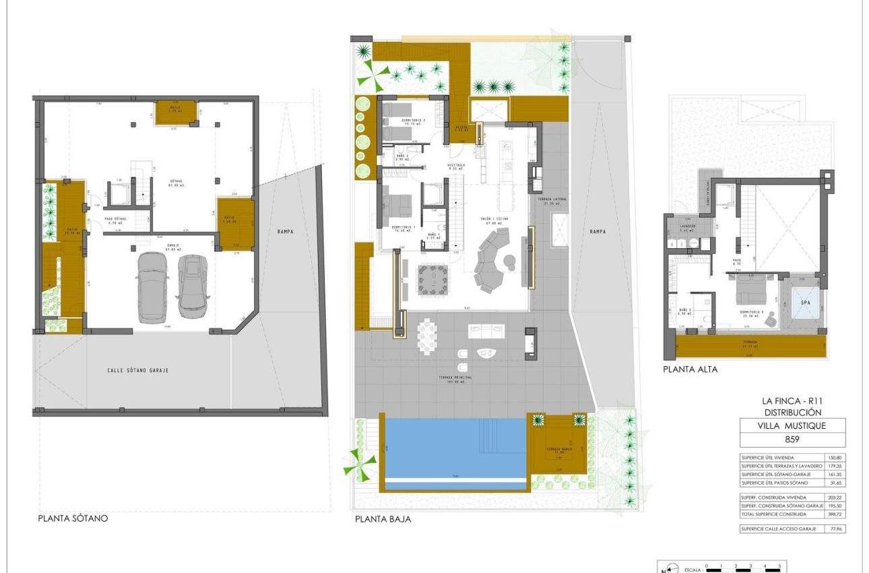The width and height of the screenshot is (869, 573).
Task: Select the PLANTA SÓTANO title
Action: [x=73, y=519]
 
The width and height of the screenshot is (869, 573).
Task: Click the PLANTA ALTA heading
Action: [x=690, y=369]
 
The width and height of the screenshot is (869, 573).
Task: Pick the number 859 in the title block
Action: [x=792, y=440]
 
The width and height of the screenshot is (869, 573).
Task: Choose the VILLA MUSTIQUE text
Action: [x=792, y=426]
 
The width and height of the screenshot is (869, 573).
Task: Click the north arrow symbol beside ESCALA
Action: [x=667, y=569]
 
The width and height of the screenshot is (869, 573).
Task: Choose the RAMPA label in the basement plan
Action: [x=286, y=231]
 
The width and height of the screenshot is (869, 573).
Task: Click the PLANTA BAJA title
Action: [x=383, y=520]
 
